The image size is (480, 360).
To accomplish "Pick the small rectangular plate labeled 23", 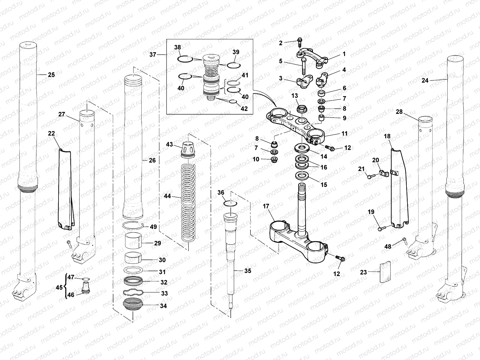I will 386,272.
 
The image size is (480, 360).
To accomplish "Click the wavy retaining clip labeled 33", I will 133,293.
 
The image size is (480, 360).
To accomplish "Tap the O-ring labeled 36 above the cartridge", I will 231,204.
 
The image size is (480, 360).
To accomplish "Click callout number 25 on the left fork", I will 52,74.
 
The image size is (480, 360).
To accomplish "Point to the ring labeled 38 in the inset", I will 184,59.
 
